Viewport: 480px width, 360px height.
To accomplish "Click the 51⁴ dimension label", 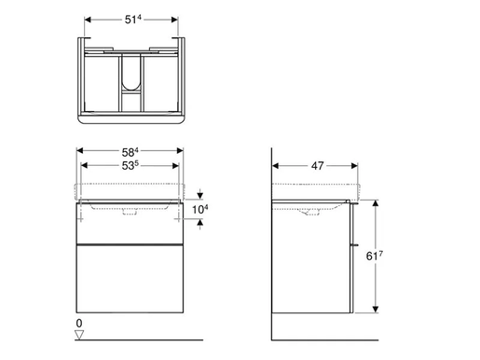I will [130, 18].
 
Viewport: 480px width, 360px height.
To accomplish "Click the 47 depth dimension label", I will [318, 167].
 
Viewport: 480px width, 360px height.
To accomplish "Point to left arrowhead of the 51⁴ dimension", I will [87, 18].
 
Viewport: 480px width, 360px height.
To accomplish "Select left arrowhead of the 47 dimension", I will [276, 167].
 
